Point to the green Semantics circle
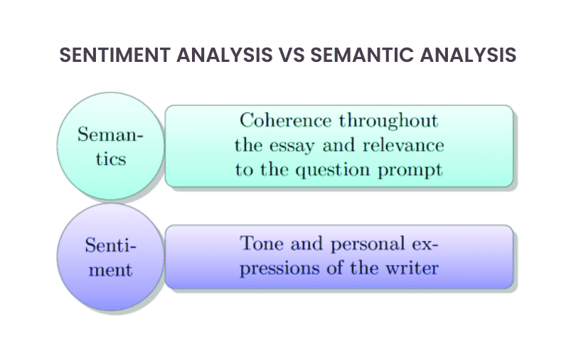coord(111,146)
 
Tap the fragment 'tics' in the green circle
coord(111,158)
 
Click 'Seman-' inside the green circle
coord(111,134)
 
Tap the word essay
coord(292,146)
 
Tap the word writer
coord(415,268)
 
